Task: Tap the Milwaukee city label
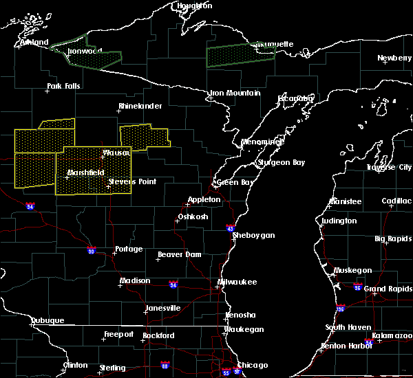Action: tap(237, 282)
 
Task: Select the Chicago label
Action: tap(253, 365)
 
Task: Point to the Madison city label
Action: tap(135, 281)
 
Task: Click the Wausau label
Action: tap(116, 153)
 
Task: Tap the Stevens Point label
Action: tap(133, 182)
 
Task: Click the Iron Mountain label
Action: tap(235, 93)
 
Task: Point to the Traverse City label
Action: tap(390, 167)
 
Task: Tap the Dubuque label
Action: tap(47, 321)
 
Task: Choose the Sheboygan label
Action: tap(253, 235)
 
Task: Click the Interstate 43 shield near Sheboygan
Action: tap(230, 228)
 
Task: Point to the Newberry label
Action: tap(394, 58)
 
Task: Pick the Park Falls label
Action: tap(63, 87)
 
